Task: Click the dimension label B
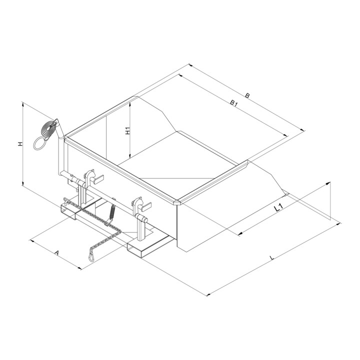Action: tap(247, 95)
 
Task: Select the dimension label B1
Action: tap(233, 103)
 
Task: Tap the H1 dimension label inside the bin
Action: tap(127, 130)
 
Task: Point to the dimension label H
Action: tap(20, 144)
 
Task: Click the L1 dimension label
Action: tap(278, 208)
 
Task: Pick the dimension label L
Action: tap(272, 257)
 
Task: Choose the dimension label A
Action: tap(56, 253)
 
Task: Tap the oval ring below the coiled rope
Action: tap(40, 143)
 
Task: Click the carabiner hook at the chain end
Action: tap(91, 256)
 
